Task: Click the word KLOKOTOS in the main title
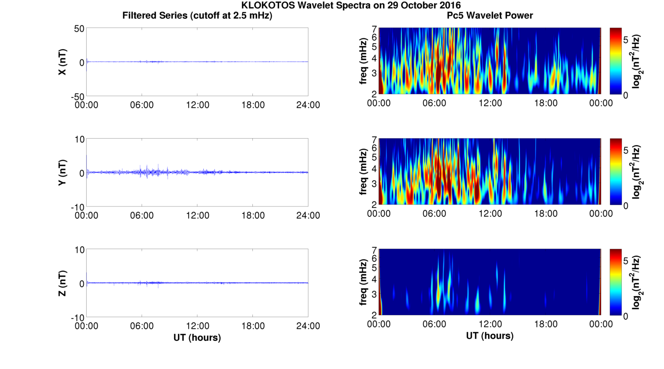pyautogui.click(x=264, y=5)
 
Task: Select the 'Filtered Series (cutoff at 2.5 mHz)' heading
pyautogui.click(x=197, y=15)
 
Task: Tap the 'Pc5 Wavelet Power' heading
pyautogui.click(x=490, y=15)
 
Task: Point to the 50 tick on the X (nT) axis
pyautogui.click(x=79, y=29)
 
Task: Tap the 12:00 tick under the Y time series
pyautogui.click(x=198, y=215)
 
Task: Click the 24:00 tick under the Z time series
pyautogui.click(x=308, y=326)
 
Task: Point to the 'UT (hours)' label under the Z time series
pyautogui.click(x=197, y=337)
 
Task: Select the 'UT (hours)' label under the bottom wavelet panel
pyautogui.click(x=490, y=336)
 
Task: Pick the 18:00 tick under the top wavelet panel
pyautogui.click(x=546, y=103)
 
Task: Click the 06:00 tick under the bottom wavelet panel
pyautogui.click(x=435, y=324)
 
